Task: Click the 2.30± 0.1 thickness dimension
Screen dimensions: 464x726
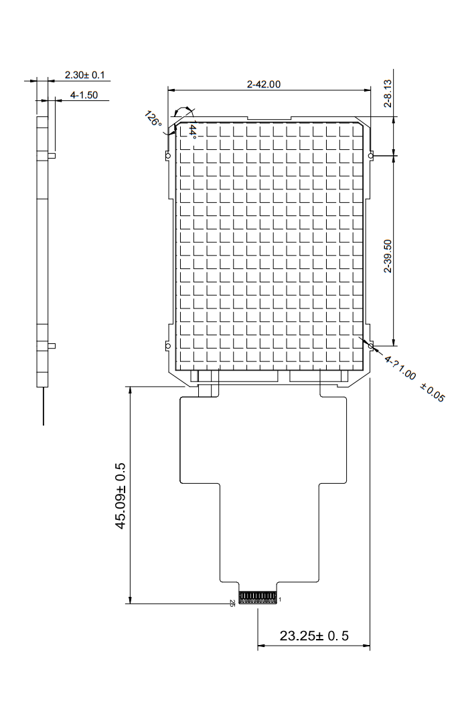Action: (85, 74)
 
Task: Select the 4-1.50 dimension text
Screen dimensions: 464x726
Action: (84, 95)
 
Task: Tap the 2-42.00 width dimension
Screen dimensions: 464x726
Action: (264, 84)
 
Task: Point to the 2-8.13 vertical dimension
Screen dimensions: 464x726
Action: (388, 94)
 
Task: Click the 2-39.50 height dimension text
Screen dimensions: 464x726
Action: (388, 256)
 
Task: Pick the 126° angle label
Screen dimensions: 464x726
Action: (153, 119)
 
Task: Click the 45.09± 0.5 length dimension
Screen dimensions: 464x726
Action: (120, 496)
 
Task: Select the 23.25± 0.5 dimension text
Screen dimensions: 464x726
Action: (314, 636)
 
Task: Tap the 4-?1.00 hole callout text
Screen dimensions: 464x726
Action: (400, 368)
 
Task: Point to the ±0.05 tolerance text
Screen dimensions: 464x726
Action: (433, 393)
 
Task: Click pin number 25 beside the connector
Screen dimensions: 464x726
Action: (232, 603)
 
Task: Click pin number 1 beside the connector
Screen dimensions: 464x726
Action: (280, 600)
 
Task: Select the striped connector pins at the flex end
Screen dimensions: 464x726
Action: (258, 598)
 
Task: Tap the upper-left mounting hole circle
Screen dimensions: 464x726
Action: (168, 155)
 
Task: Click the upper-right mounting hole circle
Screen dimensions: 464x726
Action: (371, 156)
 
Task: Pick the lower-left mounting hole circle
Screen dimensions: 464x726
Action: (168, 346)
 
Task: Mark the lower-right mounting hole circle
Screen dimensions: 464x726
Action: (371, 346)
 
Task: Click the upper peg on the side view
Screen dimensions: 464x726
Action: (52, 155)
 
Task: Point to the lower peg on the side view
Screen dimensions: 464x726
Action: (52, 345)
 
